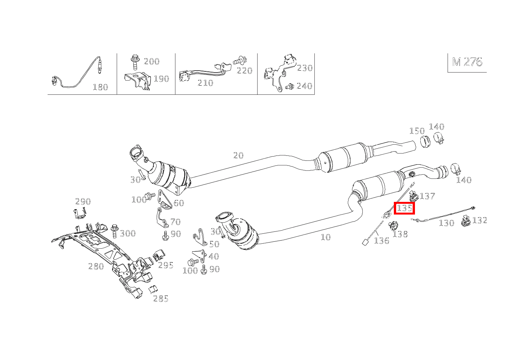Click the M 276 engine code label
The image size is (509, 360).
pyautogui.click(x=467, y=62)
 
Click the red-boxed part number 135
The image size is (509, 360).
pyautogui.click(x=405, y=208)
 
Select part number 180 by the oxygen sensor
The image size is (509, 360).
pyautogui.click(x=100, y=87)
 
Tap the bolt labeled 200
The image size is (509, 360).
pyautogui.click(x=135, y=62)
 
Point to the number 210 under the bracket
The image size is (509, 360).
pyautogui.click(x=205, y=83)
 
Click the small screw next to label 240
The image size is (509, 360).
pyautogui.click(x=290, y=86)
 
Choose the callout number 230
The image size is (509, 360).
pyautogui.click(x=305, y=68)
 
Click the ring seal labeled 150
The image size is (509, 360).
pyautogui.click(x=424, y=142)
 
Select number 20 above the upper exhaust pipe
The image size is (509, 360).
pyautogui.click(x=238, y=155)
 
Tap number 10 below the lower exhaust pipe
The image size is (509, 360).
pyautogui.click(x=326, y=237)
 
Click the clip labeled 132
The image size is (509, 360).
pyautogui.click(x=466, y=221)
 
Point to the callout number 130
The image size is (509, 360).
pyautogui.click(x=446, y=223)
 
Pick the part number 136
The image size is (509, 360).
pyautogui.click(x=382, y=241)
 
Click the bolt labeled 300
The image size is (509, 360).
pyautogui.click(x=114, y=231)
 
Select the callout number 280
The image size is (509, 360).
pyautogui.click(x=96, y=266)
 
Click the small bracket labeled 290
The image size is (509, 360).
pyautogui.click(x=79, y=213)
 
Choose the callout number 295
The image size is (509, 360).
pyautogui.click(x=166, y=265)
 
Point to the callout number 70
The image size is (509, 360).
pyautogui.click(x=175, y=222)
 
